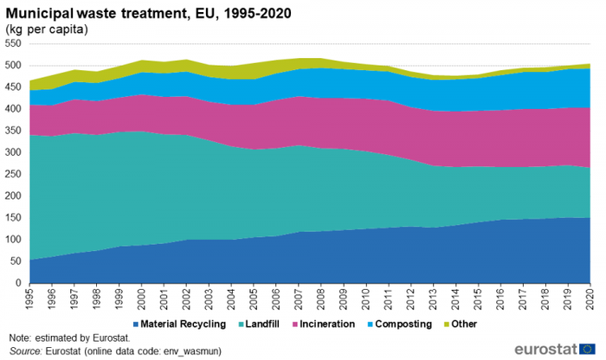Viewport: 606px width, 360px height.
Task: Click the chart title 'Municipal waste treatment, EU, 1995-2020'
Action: (x=148, y=13)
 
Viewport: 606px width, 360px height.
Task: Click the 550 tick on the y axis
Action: (x=14, y=44)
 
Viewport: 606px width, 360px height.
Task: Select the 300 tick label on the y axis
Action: (x=14, y=152)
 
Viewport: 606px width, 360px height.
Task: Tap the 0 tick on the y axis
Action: (x=19, y=283)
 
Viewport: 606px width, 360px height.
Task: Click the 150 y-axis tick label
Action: (x=14, y=218)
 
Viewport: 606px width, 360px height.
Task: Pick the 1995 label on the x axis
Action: (x=29, y=299)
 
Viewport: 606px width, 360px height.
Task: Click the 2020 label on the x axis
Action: (x=590, y=299)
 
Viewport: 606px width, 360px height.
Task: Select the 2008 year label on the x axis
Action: (x=321, y=299)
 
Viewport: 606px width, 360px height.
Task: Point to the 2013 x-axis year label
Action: (x=433, y=299)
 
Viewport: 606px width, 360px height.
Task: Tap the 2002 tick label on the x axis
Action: (x=186, y=299)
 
